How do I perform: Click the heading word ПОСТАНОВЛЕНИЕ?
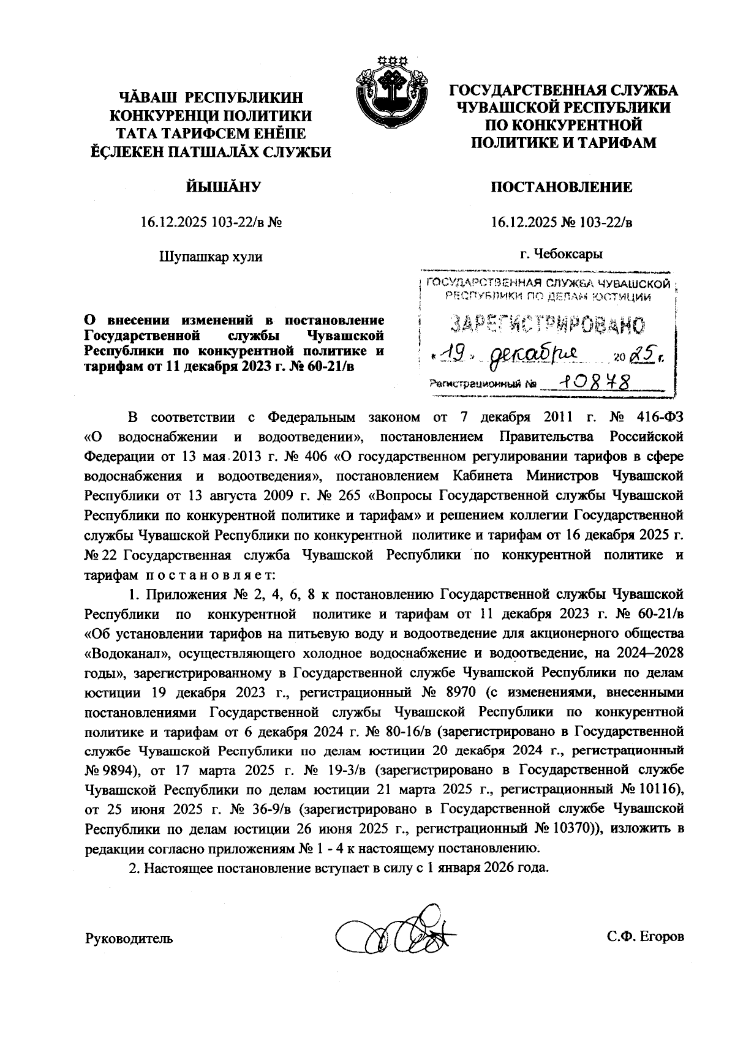pos(561,187)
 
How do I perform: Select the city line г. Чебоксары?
pos(561,253)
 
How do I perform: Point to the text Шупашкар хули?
pos(211,257)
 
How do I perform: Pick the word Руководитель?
pos(129,937)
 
